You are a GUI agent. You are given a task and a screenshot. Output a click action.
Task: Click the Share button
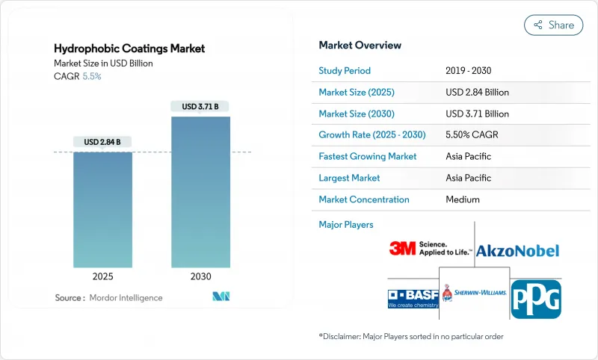(x=553, y=25)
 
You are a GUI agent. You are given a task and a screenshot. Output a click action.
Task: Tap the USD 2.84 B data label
(x=102, y=142)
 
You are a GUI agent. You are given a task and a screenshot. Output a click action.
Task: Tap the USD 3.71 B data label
(x=200, y=107)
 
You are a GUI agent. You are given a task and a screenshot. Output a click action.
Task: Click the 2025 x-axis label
(x=102, y=276)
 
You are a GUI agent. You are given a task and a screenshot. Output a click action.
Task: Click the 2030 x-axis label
(x=200, y=276)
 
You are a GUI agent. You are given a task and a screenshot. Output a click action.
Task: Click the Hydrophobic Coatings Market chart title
(x=129, y=49)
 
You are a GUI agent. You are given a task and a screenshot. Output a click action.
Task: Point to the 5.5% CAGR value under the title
(x=90, y=76)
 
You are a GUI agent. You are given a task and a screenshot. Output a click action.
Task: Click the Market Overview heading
(x=360, y=46)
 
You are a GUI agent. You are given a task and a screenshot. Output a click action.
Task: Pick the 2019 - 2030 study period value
(x=468, y=71)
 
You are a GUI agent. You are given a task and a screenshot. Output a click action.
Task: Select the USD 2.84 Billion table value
(x=477, y=93)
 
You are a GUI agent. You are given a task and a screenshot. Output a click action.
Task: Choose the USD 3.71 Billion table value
(x=477, y=114)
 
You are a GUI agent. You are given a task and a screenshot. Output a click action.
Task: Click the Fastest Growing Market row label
(x=368, y=157)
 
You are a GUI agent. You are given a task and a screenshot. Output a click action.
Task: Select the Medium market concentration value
(x=462, y=199)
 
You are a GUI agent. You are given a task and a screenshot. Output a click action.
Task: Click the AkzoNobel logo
(x=517, y=250)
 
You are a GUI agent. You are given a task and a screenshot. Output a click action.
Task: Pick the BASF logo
(x=411, y=297)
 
